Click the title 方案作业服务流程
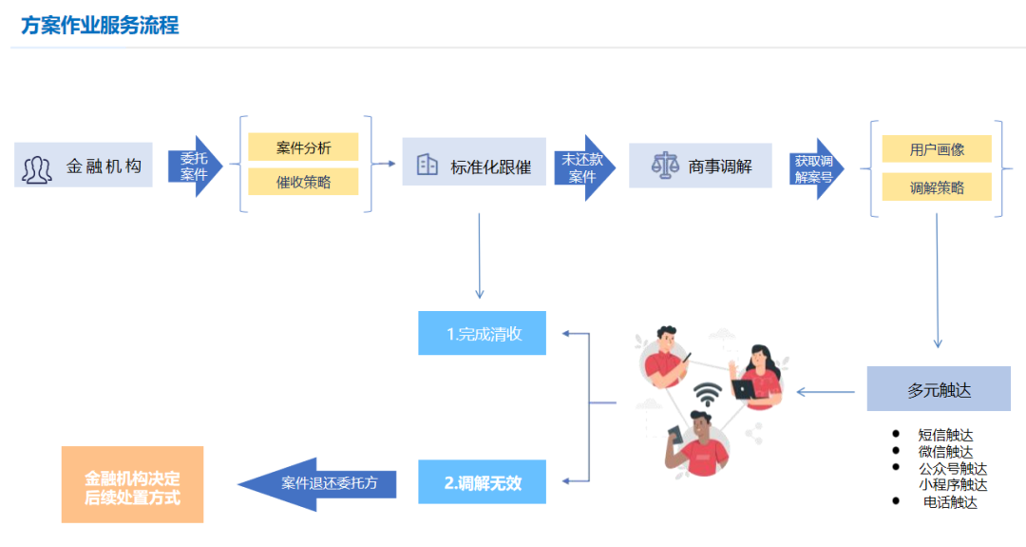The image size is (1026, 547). [100, 25]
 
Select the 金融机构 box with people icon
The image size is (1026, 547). [84, 166]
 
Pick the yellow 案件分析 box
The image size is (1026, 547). [303, 147]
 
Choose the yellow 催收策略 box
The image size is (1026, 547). [303, 182]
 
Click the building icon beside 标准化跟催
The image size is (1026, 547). [427, 166]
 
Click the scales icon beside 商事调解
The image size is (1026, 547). [662, 166]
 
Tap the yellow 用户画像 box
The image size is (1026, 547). [936, 149]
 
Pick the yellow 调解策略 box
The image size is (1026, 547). [936, 187]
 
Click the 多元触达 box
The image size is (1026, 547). [938, 389]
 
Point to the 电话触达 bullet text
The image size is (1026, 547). [950, 502]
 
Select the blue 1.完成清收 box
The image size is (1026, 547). [483, 334]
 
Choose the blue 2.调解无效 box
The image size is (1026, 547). [483, 483]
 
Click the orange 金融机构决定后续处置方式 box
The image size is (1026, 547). [132, 485]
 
